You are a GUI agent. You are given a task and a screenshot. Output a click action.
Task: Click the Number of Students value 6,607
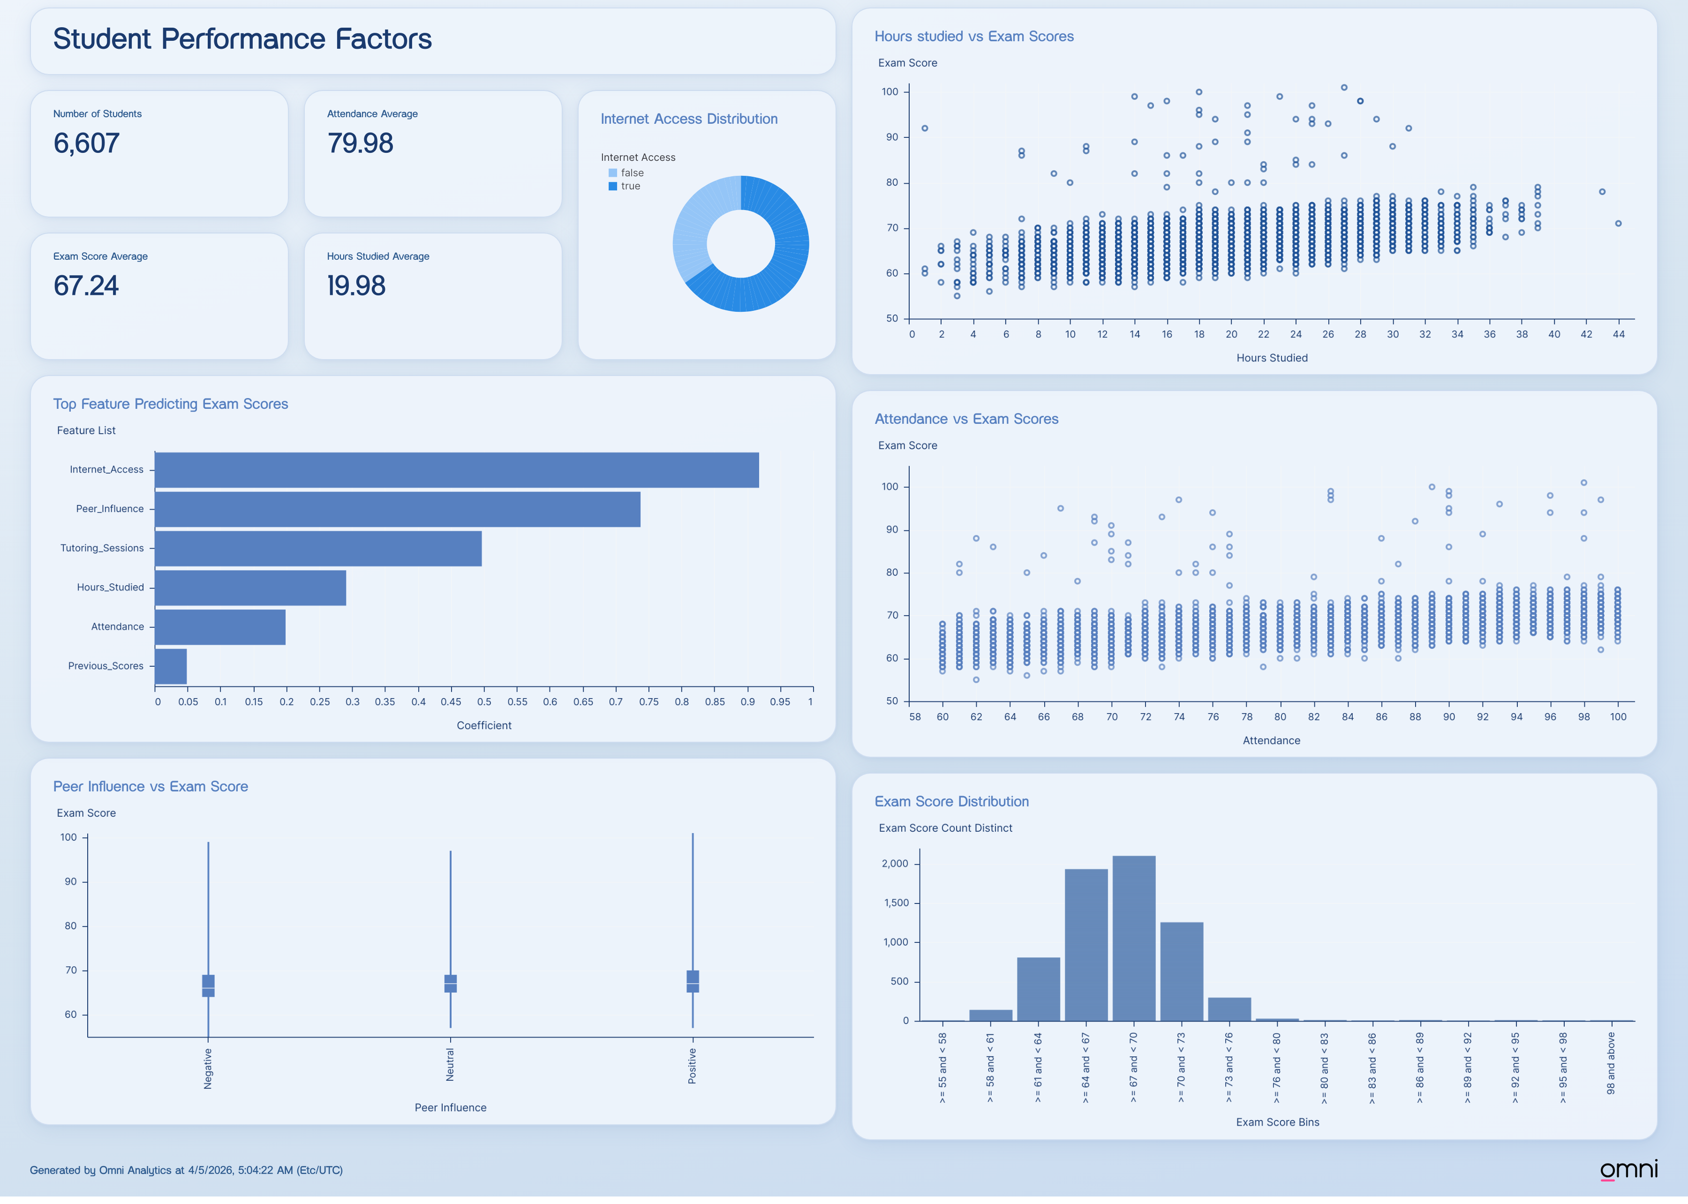click(x=86, y=143)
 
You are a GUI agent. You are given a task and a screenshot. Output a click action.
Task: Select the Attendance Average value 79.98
click(x=360, y=143)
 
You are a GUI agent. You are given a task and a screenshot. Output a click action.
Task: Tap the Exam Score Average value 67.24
click(x=86, y=286)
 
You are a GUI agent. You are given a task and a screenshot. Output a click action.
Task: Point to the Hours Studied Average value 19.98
click(x=356, y=286)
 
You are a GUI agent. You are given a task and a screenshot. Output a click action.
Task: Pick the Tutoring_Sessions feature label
click(x=102, y=548)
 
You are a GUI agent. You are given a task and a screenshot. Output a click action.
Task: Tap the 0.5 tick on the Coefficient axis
click(x=484, y=701)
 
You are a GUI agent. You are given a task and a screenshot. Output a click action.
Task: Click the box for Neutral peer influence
click(x=450, y=983)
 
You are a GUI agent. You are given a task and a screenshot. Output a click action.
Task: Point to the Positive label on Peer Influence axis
click(x=692, y=1066)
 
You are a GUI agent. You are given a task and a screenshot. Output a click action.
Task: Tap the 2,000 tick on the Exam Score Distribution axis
click(x=895, y=864)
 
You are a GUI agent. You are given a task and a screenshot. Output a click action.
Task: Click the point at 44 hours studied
click(x=1618, y=223)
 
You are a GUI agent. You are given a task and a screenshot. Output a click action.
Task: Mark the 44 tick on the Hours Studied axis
click(x=1618, y=334)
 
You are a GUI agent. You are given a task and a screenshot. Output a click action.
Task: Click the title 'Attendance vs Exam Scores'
click(x=966, y=419)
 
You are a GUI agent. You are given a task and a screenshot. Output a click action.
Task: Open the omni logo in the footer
click(x=1628, y=1169)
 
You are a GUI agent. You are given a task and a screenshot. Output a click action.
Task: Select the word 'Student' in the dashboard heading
click(x=102, y=38)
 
